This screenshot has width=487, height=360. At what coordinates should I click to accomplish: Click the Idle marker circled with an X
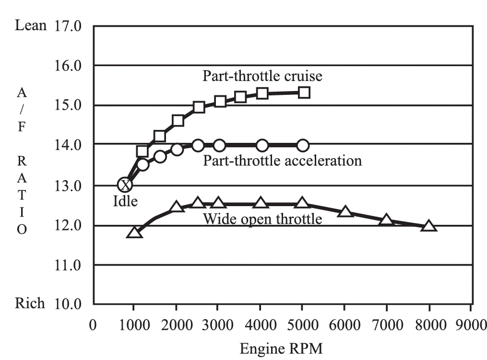click(125, 185)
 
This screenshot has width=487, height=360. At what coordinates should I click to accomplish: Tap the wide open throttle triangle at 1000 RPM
click(134, 232)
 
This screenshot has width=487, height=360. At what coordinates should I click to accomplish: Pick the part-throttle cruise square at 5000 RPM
click(304, 93)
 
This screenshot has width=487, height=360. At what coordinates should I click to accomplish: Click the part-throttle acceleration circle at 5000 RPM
click(302, 145)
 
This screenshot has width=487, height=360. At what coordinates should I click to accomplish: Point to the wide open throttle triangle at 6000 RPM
click(345, 211)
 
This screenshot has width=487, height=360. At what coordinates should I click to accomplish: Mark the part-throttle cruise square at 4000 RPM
click(262, 93)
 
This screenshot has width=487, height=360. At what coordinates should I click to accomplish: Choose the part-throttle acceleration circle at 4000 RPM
click(262, 145)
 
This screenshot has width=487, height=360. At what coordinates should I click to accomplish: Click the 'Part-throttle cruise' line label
click(262, 76)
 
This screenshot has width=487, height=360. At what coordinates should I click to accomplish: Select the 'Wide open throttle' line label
click(262, 220)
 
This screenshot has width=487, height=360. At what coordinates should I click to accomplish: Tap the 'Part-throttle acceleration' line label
click(282, 160)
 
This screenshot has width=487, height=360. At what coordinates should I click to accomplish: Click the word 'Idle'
click(125, 201)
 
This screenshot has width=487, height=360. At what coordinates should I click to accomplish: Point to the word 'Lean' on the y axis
click(31, 25)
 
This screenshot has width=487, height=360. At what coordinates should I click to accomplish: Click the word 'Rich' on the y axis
click(31, 303)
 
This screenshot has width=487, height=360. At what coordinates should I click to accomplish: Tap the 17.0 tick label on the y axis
click(71, 25)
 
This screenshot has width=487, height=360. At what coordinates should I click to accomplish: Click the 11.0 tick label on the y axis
click(71, 265)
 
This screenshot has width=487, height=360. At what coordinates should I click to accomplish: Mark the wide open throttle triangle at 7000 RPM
click(387, 221)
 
